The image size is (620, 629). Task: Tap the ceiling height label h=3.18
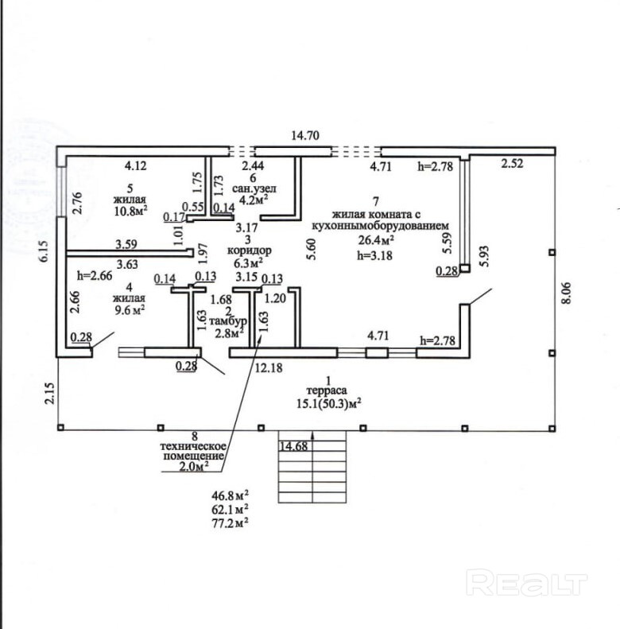pyautogui.click(x=375, y=255)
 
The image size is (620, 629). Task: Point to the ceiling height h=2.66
pyautogui.click(x=95, y=276)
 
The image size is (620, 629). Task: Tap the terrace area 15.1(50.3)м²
pyautogui.click(x=327, y=404)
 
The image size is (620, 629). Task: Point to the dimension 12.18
pyautogui.click(x=269, y=367)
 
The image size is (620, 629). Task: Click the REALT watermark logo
pyautogui.click(x=526, y=583)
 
